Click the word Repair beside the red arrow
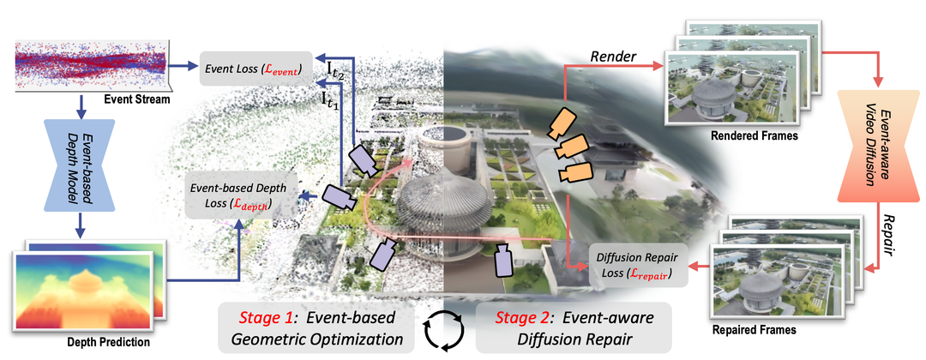(885, 235)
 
